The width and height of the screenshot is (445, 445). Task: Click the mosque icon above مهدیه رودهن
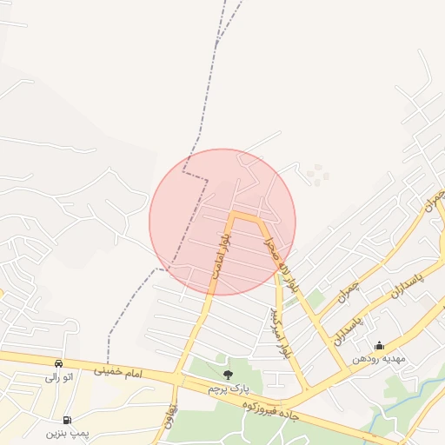pos(378,345)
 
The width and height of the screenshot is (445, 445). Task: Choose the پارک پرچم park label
pos(228,388)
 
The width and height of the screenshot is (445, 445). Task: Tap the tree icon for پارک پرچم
pos(228,375)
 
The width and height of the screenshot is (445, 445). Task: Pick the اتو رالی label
pos(58,378)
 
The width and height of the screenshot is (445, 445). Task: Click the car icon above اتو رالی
pos(58,364)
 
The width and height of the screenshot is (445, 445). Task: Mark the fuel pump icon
pos(67,419)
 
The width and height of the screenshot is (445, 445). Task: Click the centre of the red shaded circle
pos(222,222)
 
